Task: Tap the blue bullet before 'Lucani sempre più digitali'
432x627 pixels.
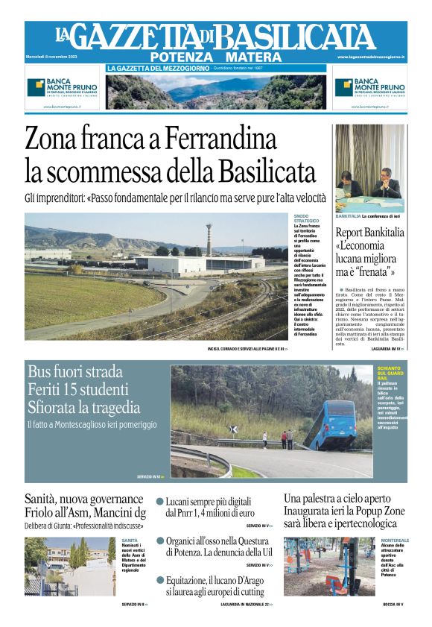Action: (x=159, y=502)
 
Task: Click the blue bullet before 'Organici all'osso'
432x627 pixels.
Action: (x=159, y=541)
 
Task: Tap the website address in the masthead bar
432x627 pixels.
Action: (x=370, y=57)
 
